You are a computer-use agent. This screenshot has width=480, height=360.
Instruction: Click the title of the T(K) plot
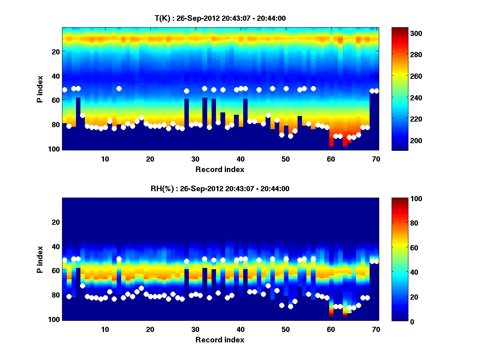click(220, 18)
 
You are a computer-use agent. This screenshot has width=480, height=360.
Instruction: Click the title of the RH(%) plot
click(220, 189)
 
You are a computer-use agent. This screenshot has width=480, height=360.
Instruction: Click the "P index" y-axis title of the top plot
click(40, 89)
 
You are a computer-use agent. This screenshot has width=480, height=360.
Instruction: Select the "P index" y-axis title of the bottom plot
click(40, 259)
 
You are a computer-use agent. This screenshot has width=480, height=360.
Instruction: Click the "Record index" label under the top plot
click(220, 169)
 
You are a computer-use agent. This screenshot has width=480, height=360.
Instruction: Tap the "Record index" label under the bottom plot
click(220, 340)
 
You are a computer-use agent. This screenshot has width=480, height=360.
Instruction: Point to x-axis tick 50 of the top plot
click(286, 159)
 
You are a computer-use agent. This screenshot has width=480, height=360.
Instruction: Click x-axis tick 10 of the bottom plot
click(105, 329)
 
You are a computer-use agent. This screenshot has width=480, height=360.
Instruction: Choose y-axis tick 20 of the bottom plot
click(55, 222)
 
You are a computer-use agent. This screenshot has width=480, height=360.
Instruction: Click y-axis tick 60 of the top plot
click(55, 100)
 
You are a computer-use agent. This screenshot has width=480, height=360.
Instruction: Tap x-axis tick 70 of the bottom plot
click(376, 329)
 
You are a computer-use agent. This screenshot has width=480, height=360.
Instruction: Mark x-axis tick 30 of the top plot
click(195, 159)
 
